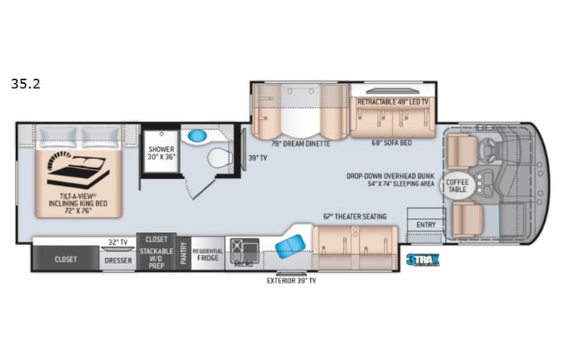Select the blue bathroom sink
click(198, 136)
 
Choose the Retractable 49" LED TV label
click(393, 101)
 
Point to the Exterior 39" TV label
click(291, 280)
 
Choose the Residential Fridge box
click(207, 255)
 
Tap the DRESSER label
click(117, 259)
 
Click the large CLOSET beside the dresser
click(65, 259)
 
